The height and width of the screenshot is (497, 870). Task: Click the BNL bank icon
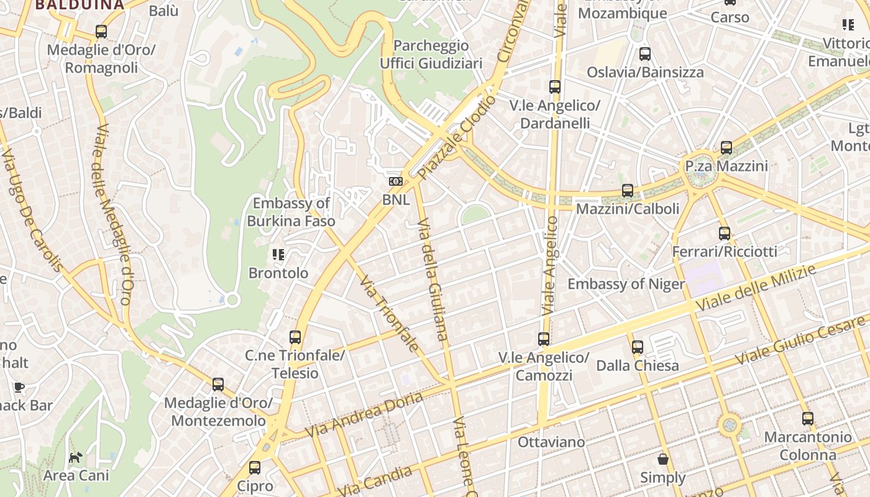point(395,181)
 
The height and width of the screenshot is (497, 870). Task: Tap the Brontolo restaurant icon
point(278,254)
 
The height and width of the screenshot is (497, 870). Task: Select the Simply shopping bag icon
point(663,459)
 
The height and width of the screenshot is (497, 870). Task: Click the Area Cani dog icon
point(75,458)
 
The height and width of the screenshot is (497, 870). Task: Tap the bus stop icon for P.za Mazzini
point(726,148)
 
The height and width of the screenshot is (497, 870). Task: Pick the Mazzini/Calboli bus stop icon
point(628,191)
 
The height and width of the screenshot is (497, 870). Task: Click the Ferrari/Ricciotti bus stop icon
point(725,234)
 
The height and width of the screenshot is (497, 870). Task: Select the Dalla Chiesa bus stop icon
point(638,347)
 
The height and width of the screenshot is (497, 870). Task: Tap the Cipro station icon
point(255,468)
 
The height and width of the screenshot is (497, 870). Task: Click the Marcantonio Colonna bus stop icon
point(808,419)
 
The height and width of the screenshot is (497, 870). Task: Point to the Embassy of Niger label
point(626,284)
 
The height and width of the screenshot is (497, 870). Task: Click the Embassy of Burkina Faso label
point(291,212)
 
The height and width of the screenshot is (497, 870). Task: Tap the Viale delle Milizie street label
point(756,288)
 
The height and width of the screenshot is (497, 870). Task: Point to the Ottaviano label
point(551,442)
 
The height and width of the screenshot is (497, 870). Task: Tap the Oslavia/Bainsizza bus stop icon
point(645,54)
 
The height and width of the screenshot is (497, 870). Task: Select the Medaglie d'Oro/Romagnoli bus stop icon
point(101,32)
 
